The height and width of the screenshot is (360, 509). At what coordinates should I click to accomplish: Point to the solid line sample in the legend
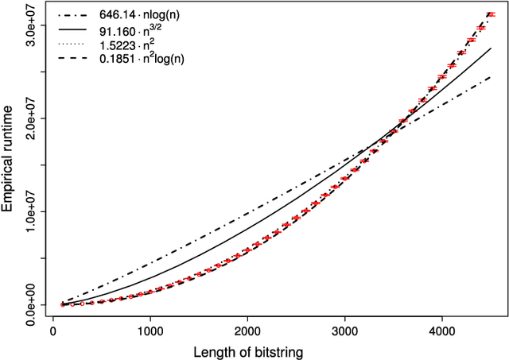[x=75, y=32]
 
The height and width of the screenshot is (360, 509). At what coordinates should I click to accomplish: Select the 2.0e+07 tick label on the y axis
[x=30, y=118]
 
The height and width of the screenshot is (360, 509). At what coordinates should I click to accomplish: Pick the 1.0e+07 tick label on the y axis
[x=30, y=211]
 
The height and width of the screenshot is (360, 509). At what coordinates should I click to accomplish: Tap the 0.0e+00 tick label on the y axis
[x=30, y=304]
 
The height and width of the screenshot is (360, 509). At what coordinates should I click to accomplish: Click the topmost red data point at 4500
[x=491, y=14]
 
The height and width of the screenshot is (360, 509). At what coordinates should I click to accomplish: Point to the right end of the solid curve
[x=491, y=48]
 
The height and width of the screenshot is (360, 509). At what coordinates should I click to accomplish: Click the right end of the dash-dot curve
[x=491, y=77]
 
